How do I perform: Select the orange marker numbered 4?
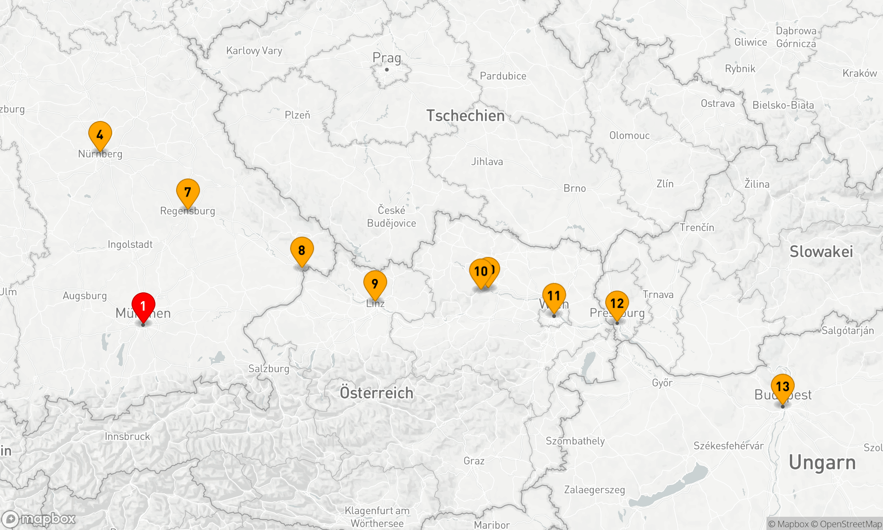(x=100, y=135)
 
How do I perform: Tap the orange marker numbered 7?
(x=188, y=192)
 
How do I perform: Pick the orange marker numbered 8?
(x=302, y=250)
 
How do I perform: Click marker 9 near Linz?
(x=375, y=284)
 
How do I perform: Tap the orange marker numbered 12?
(x=617, y=303)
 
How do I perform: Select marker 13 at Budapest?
(x=783, y=386)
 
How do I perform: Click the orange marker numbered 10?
(x=480, y=271)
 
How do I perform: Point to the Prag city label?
(x=387, y=58)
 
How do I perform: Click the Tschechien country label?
(x=465, y=116)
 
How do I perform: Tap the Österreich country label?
(x=377, y=393)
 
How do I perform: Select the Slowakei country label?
(x=821, y=252)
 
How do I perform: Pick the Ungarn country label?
(x=822, y=463)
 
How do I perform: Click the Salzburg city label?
(x=269, y=369)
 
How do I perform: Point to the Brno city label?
(x=575, y=189)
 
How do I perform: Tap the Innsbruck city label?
(x=128, y=436)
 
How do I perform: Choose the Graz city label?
(x=474, y=461)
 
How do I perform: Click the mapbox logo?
(x=38, y=519)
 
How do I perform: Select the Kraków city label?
(x=860, y=73)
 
